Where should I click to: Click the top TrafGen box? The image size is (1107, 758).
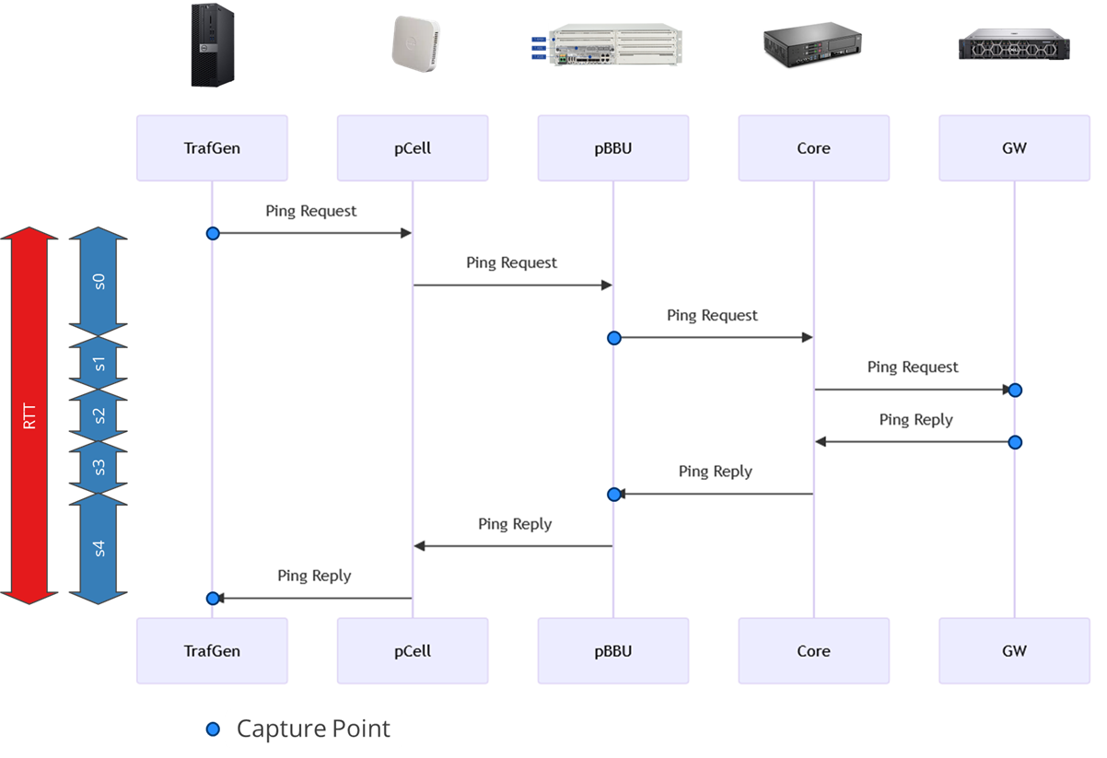[x=212, y=147]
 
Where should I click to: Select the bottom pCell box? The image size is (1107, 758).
[x=412, y=651]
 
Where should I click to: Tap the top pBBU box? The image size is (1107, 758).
[x=613, y=147]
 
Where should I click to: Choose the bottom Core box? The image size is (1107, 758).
[x=813, y=651]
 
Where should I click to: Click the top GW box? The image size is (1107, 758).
[x=1014, y=147]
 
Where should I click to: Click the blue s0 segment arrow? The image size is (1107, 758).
[x=99, y=280]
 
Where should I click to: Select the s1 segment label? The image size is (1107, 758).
[x=99, y=364]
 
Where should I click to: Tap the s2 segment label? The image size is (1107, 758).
[x=99, y=415]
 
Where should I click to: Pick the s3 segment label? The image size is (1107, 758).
[x=99, y=467]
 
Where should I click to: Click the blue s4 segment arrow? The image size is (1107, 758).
[x=99, y=549]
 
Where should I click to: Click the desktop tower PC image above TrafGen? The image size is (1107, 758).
[x=213, y=45]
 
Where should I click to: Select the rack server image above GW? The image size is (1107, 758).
[x=1012, y=44]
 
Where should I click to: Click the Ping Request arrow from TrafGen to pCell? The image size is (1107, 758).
[x=312, y=233]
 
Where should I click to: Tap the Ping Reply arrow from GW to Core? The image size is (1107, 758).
[x=915, y=442]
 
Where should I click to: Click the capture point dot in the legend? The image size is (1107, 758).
[x=213, y=729]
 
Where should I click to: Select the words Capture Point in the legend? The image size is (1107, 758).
[x=313, y=729]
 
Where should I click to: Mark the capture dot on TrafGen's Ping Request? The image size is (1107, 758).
[x=213, y=233]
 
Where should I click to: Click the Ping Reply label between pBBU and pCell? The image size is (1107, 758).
[x=515, y=524]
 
